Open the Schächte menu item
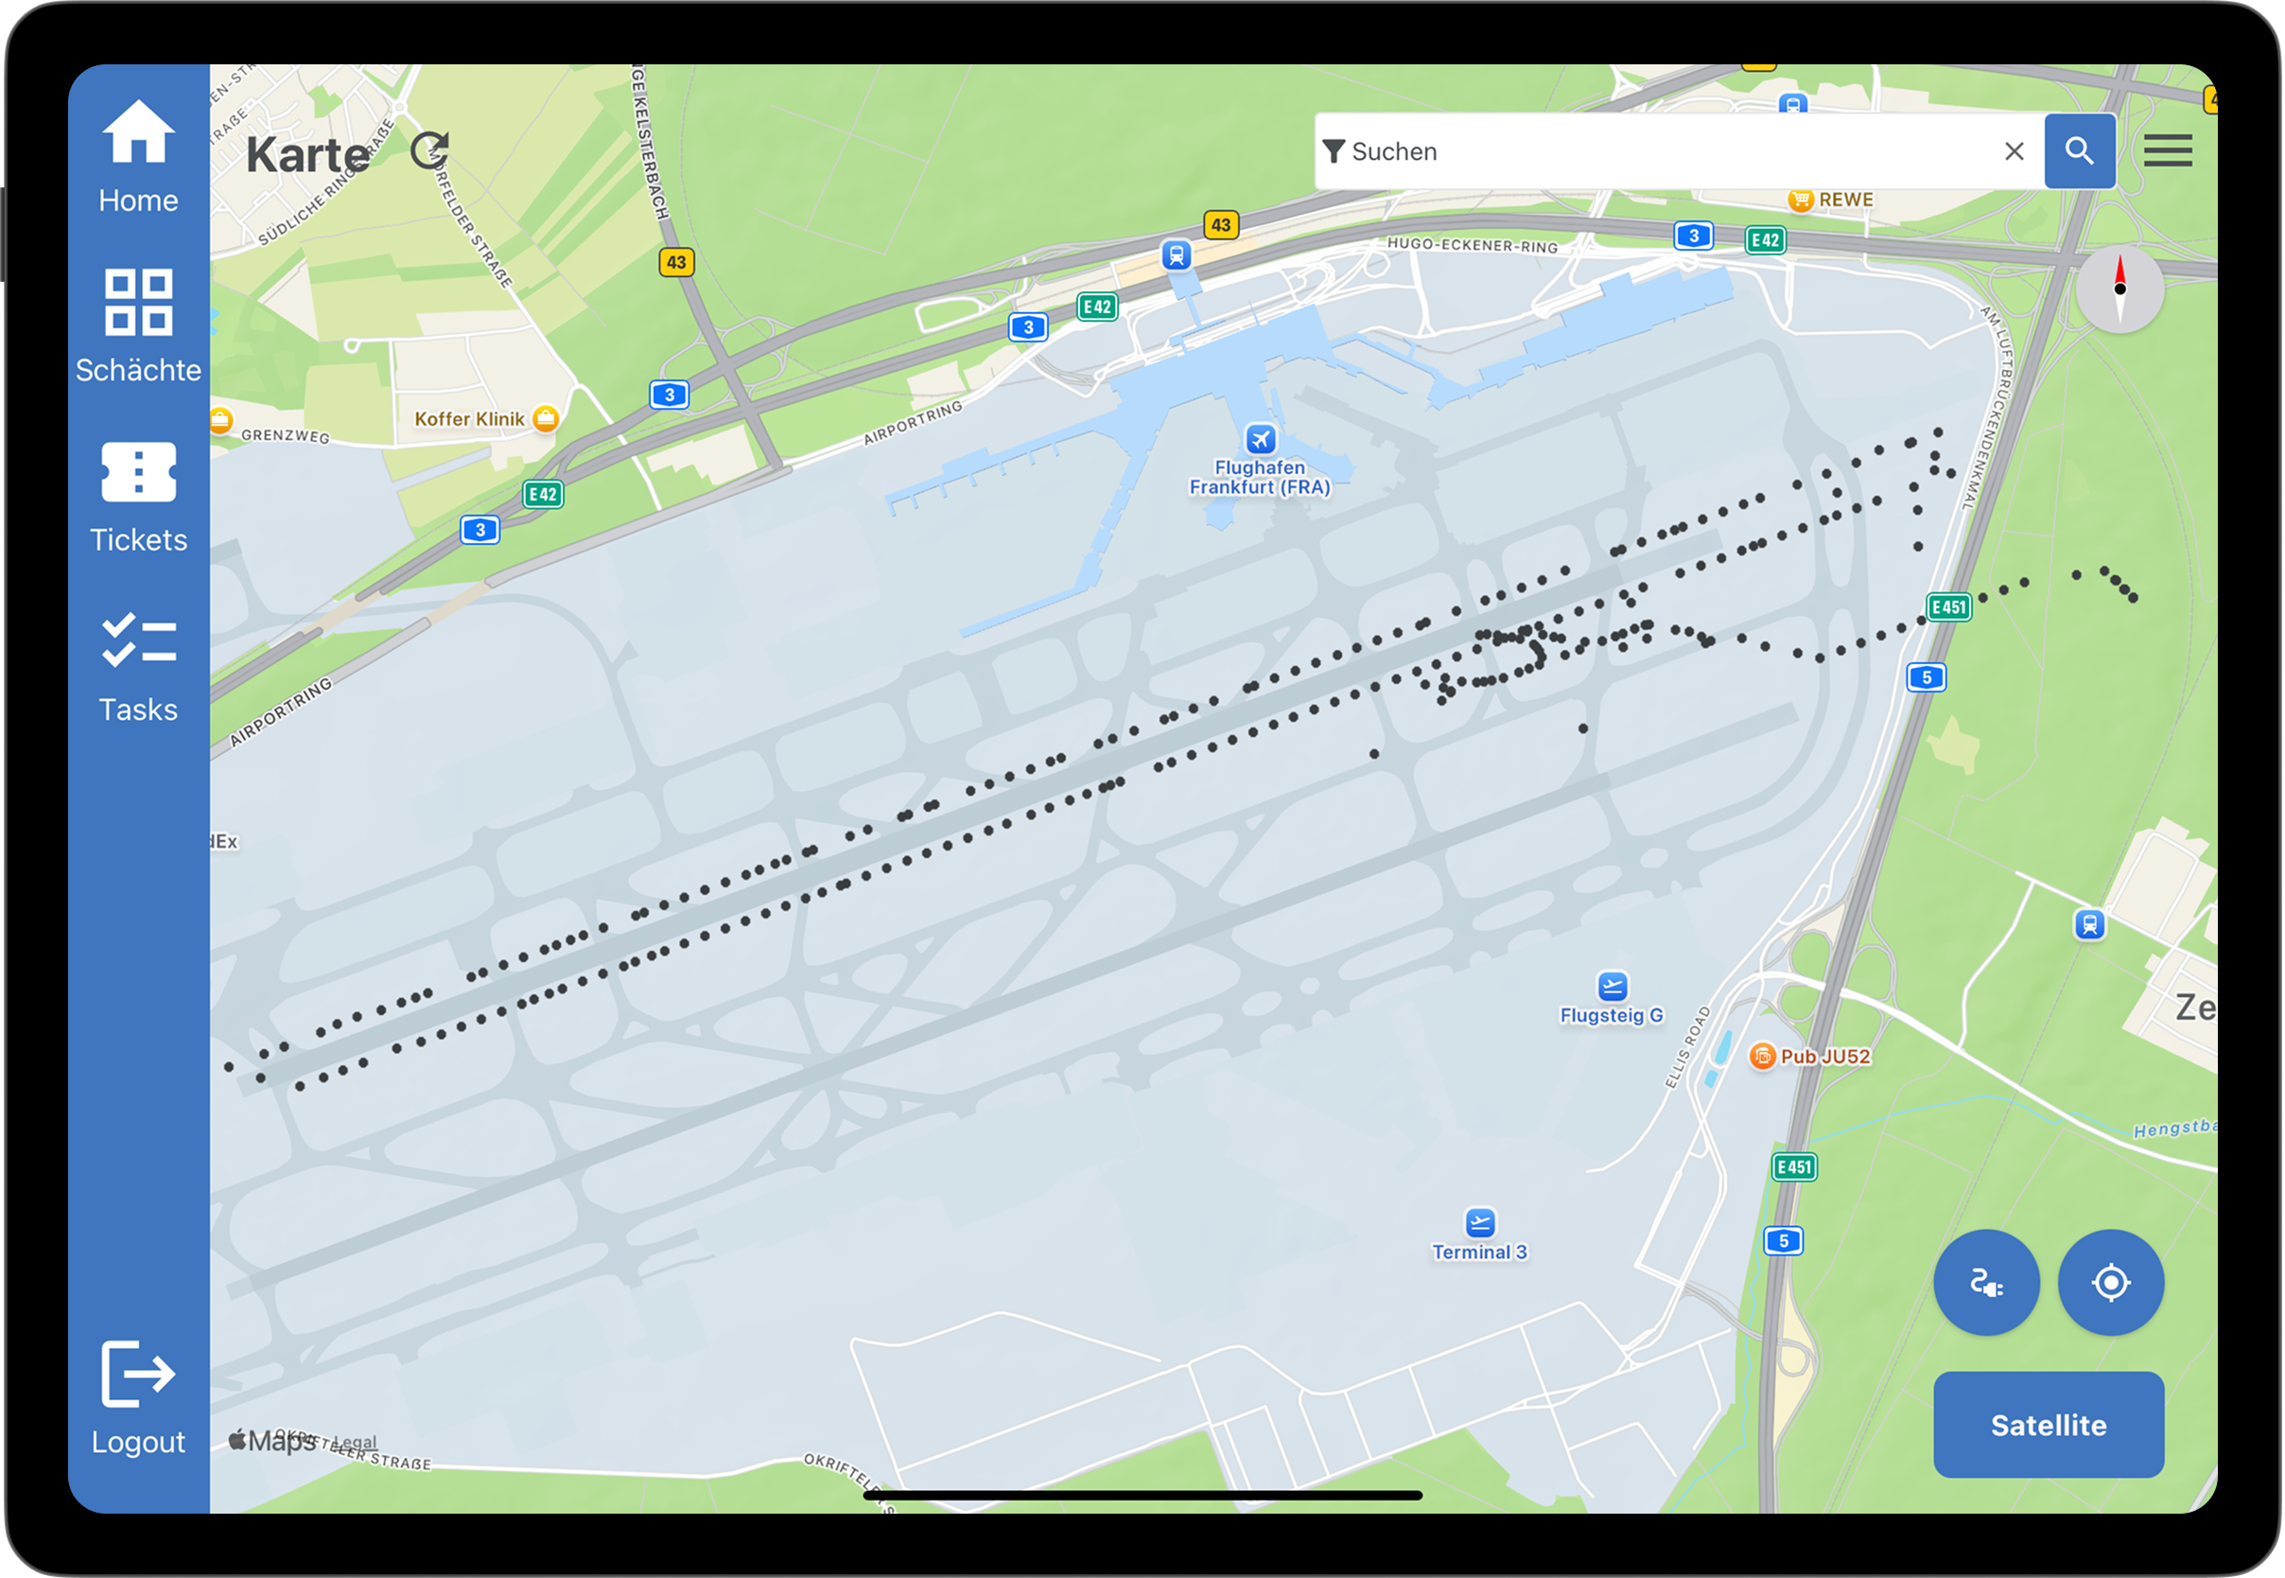click(138, 303)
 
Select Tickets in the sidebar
click(138, 473)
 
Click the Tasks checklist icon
click(138, 640)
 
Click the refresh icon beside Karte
click(430, 151)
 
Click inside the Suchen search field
click(1661, 151)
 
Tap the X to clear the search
click(2014, 151)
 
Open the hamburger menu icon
click(2168, 151)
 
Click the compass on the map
click(2119, 289)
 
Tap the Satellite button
click(2048, 1424)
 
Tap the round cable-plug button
click(1985, 1283)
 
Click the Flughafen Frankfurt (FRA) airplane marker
click(1259, 438)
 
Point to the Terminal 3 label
click(1479, 1252)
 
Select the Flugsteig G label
click(1611, 1015)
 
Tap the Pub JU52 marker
click(1762, 1056)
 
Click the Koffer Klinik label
click(469, 419)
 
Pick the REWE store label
click(1845, 200)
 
